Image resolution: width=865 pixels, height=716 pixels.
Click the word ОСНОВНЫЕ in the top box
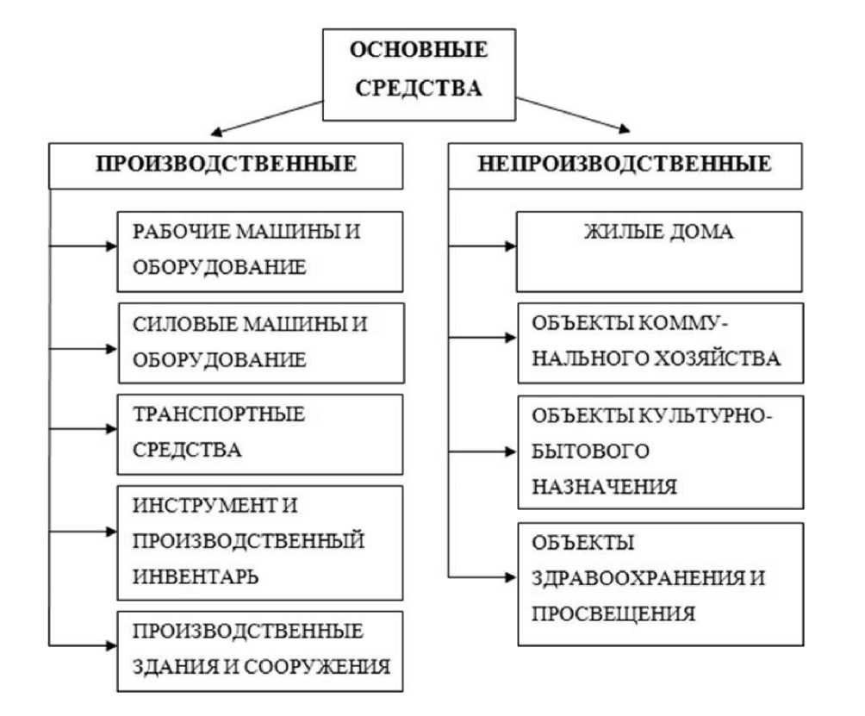click(419, 50)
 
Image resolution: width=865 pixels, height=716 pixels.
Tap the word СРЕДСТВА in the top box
click(419, 88)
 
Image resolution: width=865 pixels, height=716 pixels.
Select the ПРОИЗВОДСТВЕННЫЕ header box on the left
click(226, 166)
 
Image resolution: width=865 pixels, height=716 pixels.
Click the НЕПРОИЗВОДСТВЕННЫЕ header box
click(625, 166)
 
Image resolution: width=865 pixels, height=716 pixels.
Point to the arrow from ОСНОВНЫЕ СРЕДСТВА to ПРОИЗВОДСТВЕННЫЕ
click(267, 117)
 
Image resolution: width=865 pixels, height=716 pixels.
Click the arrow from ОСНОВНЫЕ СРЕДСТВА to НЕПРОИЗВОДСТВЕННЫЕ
click(573, 115)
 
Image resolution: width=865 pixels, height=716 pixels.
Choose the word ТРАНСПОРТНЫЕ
click(219, 414)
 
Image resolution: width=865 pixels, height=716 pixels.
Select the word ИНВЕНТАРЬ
click(196, 576)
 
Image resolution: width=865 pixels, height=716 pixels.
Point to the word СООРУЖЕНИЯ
click(317, 667)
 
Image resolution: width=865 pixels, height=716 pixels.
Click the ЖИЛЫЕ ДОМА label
click(659, 231)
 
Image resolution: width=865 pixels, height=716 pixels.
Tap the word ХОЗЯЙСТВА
click(717, 358)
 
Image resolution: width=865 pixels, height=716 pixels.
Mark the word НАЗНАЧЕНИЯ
click(604, 487)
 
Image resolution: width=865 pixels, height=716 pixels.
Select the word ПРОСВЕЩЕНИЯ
click(613, 613)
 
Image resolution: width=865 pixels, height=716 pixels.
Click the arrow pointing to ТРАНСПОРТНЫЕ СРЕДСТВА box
click(83, 429)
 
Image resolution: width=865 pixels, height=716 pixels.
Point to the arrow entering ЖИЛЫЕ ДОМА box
click(482, 246)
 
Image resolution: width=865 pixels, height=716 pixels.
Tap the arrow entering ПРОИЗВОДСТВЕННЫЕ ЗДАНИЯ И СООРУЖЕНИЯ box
click(83, 645)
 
